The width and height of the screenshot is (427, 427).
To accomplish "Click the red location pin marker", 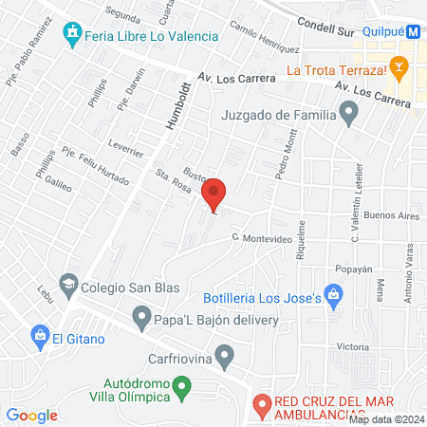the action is click(215, 195).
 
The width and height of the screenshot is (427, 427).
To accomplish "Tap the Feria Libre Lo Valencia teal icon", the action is click(72, 35).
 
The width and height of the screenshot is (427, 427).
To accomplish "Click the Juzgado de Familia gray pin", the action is click(350, 116).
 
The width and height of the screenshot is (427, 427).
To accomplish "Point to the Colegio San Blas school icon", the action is click(68, 283).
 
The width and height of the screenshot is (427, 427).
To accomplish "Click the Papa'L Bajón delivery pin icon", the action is click(142, 315).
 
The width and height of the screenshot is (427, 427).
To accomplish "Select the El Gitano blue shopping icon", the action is click(40, 335).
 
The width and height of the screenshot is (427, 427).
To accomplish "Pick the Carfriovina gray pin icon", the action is click(225, 358).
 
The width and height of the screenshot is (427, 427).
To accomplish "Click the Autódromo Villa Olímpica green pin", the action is click(185, 385).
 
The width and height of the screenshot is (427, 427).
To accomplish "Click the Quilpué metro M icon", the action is click(416, 31).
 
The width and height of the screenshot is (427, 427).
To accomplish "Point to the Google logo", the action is click(32, 415).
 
